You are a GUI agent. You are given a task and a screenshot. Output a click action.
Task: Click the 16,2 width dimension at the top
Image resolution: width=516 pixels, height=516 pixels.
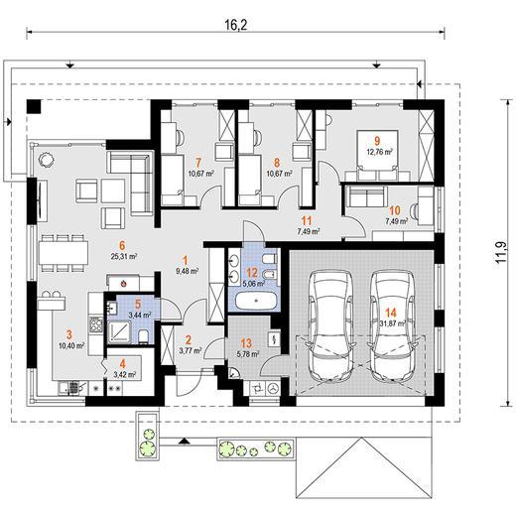click(236, 25)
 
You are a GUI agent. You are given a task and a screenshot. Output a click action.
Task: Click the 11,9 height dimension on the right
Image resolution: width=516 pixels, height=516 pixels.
click(501, 252)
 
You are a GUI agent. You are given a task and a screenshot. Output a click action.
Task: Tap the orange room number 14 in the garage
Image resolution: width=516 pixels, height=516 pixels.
click(391, 313)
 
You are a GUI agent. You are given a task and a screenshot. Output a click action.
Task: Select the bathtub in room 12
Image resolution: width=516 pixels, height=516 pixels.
click(255, 301)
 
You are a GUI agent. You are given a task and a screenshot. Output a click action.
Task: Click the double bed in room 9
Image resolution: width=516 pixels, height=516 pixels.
click(377, 155)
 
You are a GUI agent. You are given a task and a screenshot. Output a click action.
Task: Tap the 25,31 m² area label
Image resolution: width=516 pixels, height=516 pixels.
click(124, 256)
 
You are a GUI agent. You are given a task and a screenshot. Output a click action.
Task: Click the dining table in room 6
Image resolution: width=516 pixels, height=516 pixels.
click(63, 253)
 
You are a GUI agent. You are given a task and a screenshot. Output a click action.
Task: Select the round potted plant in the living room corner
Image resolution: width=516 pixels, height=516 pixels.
click(46, 160)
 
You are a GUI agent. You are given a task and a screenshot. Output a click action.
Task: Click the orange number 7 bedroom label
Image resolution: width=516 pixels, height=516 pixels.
click(198, 163)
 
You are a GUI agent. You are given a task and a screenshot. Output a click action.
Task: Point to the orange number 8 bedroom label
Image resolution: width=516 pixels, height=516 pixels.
click(277, 163)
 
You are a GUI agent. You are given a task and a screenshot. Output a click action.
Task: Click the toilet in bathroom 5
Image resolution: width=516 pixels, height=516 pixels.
click(144, 336)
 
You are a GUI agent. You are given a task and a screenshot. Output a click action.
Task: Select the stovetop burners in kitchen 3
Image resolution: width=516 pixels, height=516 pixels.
click(96, 323)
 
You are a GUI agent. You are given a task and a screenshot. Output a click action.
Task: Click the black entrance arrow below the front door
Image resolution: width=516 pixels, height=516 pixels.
click(185, 441)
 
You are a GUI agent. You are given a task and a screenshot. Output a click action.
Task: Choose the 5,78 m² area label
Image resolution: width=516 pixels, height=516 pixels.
click(248, 354)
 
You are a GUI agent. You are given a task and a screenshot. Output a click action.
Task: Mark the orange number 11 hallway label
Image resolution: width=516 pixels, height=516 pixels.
click(308, 220)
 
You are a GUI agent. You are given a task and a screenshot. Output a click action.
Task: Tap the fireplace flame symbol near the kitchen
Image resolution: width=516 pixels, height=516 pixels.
click(123, 283)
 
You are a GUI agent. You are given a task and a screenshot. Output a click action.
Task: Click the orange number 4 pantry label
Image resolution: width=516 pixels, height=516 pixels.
click(123, 364)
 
